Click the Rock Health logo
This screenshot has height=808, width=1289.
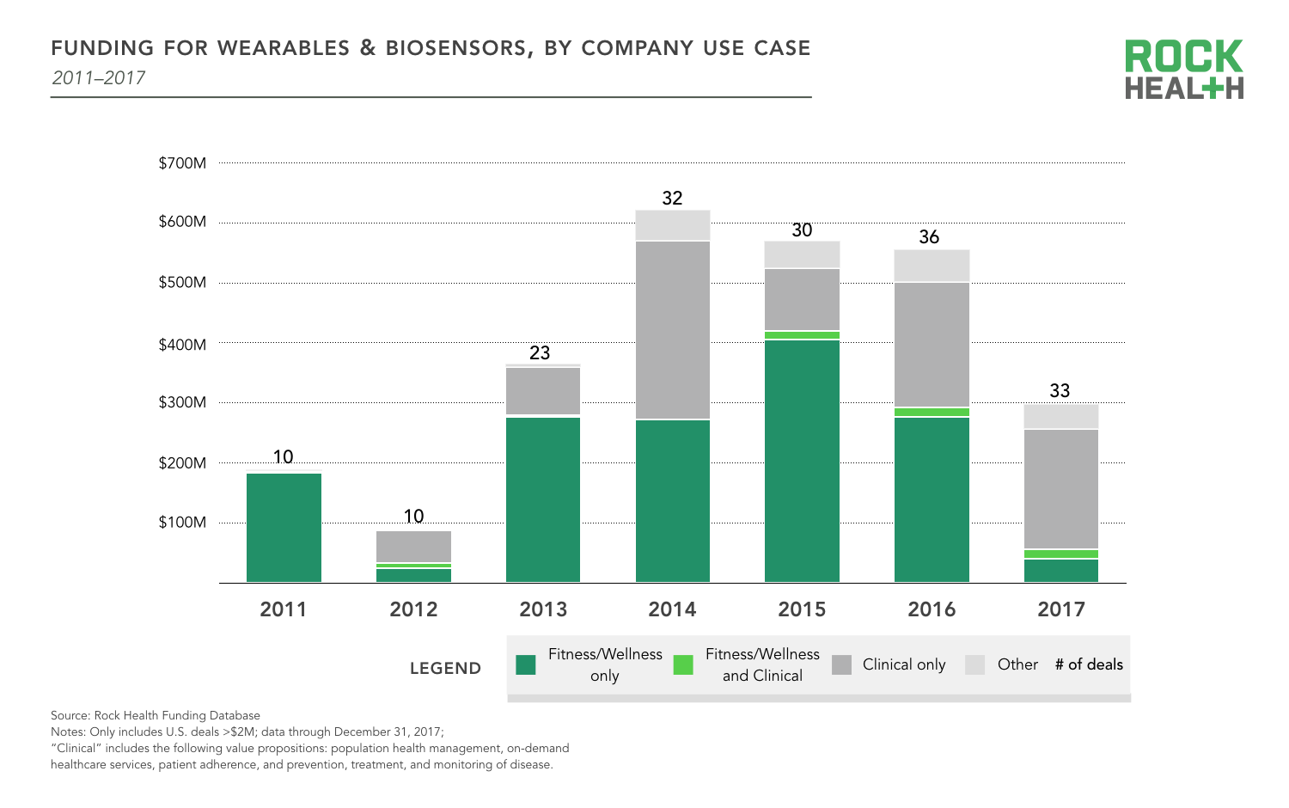tap(1183, 70)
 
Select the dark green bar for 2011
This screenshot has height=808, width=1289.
tap(284, 528)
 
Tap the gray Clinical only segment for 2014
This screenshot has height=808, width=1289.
tap(673, 330)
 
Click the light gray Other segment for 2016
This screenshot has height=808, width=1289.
tap(932, 266)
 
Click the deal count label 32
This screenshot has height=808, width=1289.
tap(672, 199)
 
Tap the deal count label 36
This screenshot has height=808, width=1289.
tap(929, 237)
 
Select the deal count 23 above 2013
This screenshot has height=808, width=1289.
tap(540, 353)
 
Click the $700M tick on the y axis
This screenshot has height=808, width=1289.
tap(182, 163)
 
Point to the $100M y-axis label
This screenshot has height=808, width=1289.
tap(182, 523)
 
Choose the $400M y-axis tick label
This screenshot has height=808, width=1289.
tap(182, 345)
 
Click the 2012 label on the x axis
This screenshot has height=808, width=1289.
tap(413, 609)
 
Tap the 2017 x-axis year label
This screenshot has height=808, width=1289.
tap(1061, 609)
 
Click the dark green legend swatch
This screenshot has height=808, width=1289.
tap(526, 664)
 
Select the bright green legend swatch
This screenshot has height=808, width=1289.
tap(683, 664)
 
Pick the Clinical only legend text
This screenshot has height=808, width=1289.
tap(904, 664)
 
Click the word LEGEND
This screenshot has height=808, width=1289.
tap(445, 669)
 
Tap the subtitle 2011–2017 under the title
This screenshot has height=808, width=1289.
tap(99, 78)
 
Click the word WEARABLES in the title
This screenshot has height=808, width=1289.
tap(284, 48)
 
